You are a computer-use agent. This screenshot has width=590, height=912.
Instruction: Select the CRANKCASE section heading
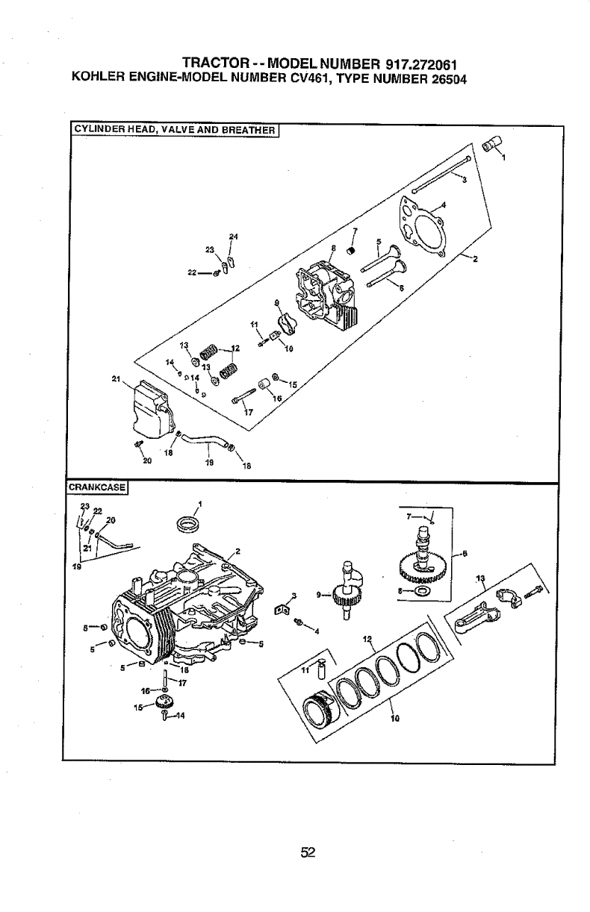click(x=97, y=489)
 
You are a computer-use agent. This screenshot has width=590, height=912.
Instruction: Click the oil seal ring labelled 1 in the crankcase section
click(x=187, y=525)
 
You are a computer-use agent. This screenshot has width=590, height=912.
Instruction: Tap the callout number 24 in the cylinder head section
click(x=233, y=237)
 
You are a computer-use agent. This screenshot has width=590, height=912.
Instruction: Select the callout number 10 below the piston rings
click(x=396, y=720)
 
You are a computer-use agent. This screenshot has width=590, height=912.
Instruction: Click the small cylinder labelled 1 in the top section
click(x=491, y=144)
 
